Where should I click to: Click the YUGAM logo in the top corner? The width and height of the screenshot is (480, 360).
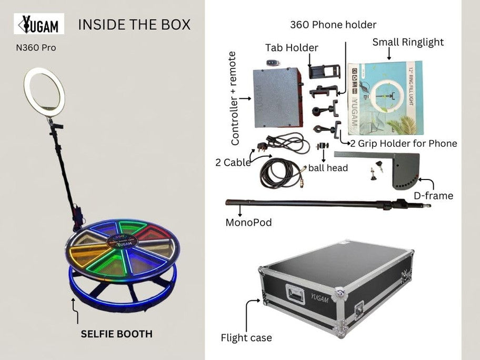[43, 24]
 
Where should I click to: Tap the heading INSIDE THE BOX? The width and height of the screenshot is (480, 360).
[134, 24]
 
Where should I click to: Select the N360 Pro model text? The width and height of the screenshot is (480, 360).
[36, 48]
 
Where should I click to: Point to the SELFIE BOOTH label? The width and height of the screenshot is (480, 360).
[116, 334]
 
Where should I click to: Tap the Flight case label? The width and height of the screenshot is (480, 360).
[246, 337]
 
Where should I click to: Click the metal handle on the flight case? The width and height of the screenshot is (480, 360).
[295, 293]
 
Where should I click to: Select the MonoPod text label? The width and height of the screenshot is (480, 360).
[248, 223]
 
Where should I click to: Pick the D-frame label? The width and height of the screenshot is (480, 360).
[434, 196]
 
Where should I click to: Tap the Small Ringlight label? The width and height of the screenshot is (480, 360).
[408, 42]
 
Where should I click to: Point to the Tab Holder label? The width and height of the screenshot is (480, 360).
[292, 48]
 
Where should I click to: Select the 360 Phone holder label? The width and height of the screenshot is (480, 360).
[334, 24]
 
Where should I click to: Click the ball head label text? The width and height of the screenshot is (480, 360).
[328, 168]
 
